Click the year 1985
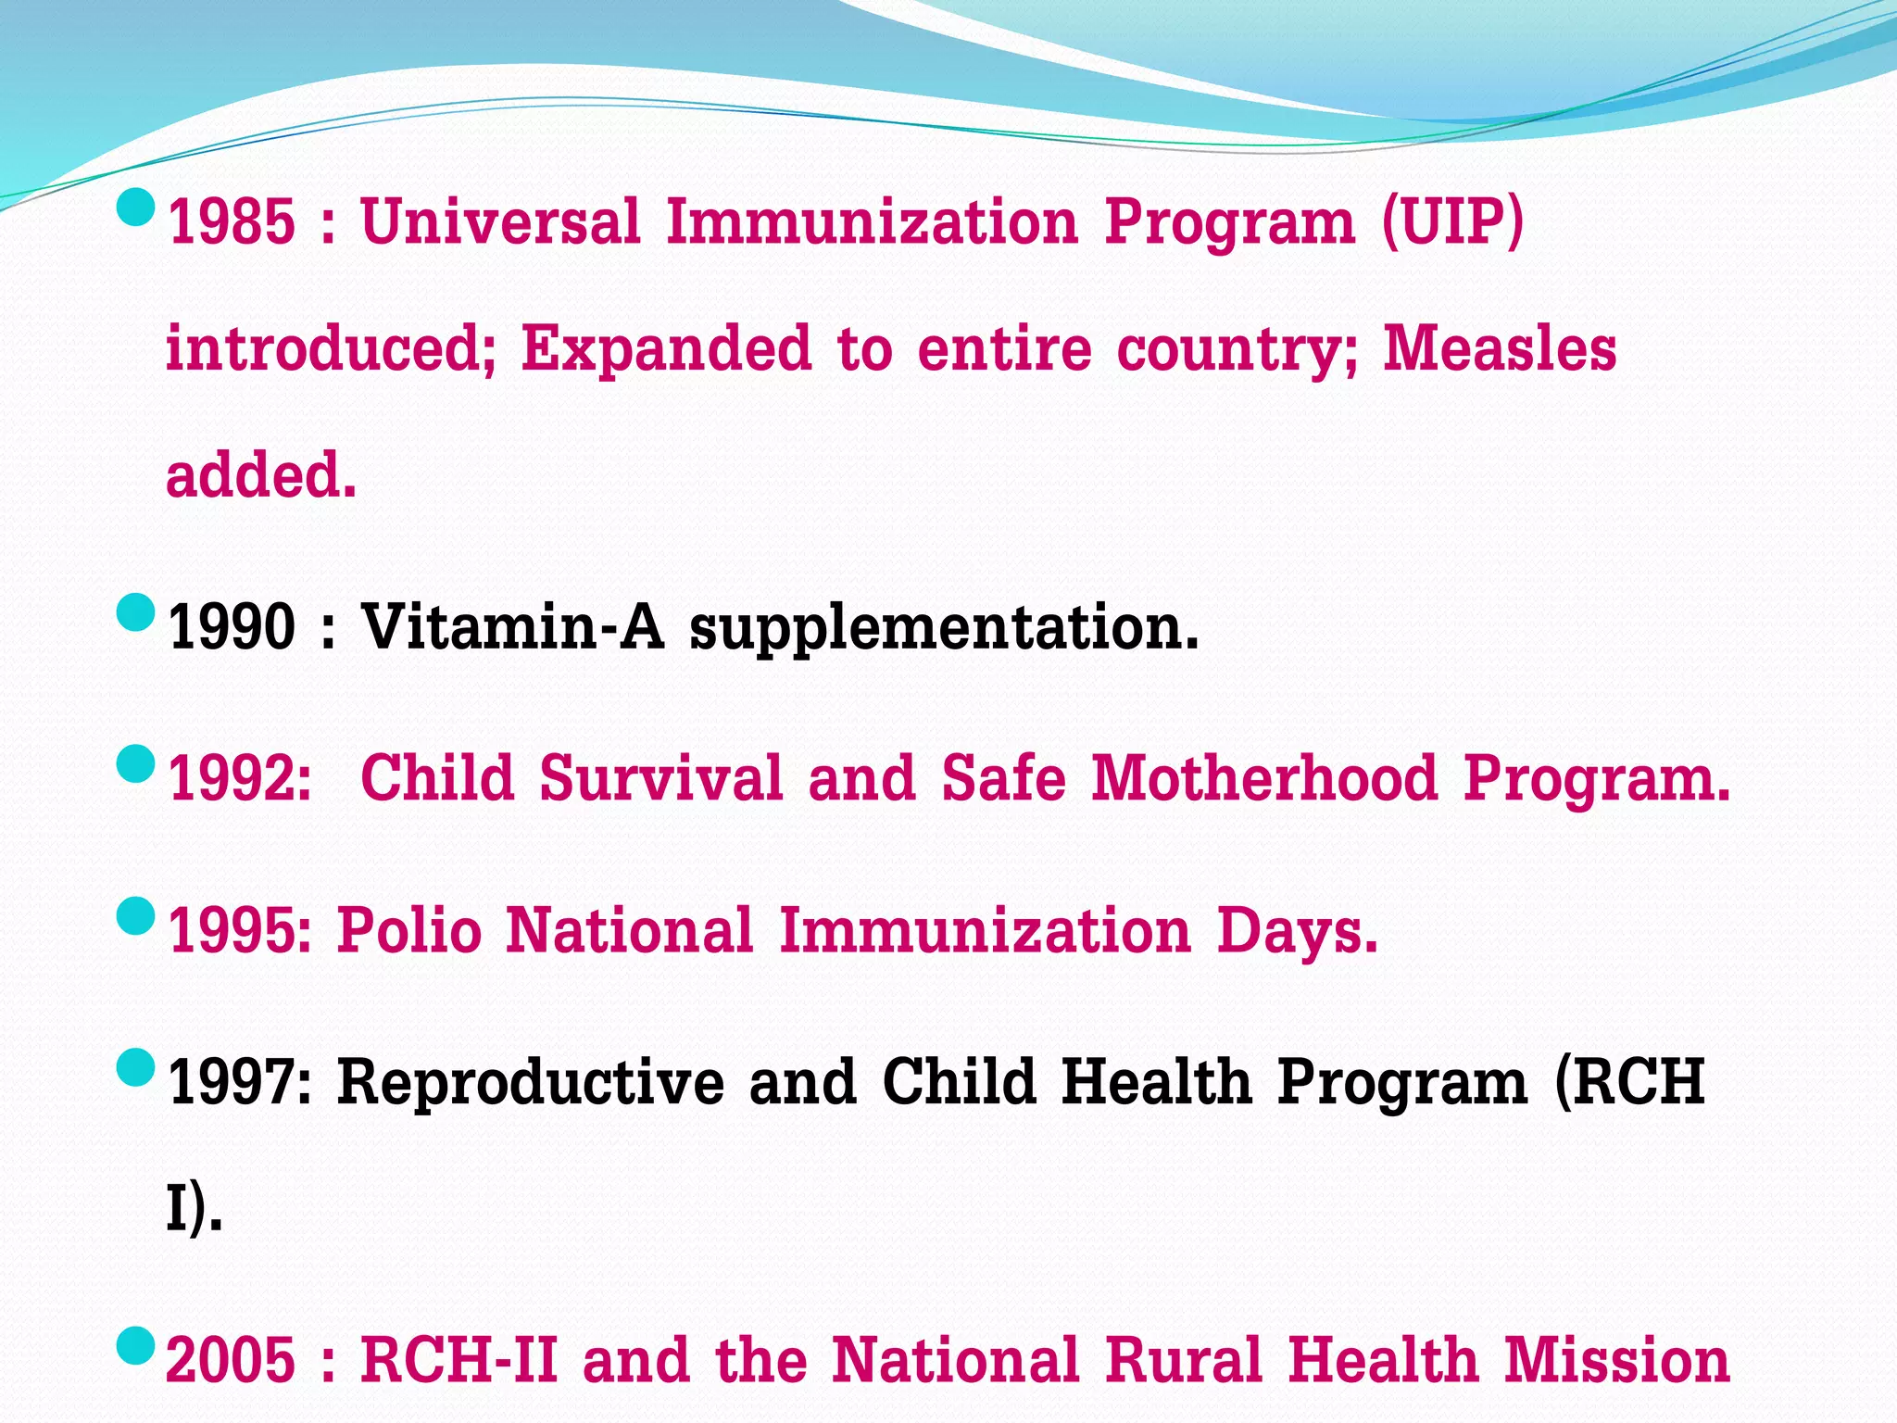click(231, 222)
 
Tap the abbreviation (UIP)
click(1451, 222)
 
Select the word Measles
click(1499, 349)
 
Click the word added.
click(260, 475)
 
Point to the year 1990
click(231, 627)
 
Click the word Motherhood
click(1264, 778)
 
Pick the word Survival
click(661, 778)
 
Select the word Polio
click(408, 930)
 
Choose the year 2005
click(231, 1360)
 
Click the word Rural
click(1185, 1360)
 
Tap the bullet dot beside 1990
click(136, 612)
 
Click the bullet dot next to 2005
click(136, 1345)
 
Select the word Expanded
click(666, 349)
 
